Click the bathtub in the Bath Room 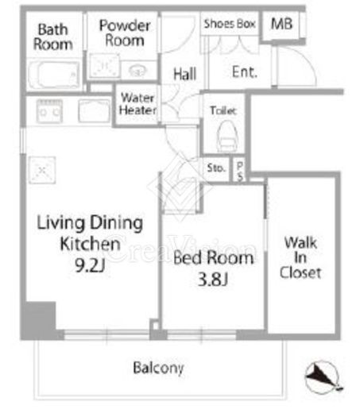coord(54,75)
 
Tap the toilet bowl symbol coord(226,137)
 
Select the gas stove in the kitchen coord(49,111)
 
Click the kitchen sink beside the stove coord(95,110)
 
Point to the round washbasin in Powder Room coord(137,71)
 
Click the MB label coord(281,24)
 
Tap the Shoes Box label coord(230,24)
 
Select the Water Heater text coord(137,104)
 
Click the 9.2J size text coord(90,265)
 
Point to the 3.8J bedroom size coord(213,280)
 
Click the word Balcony coord(158,368)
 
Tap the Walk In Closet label coord(300,257)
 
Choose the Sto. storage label coord(216,168)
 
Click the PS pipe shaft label coord(240,172)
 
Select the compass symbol coord(323,377)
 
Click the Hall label coord(185,74)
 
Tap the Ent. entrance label coord(245,72)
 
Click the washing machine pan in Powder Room coord(104,66)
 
